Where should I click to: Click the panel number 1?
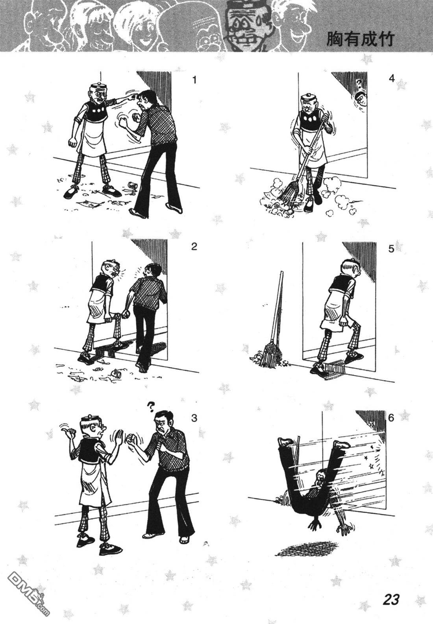tap(194, 80)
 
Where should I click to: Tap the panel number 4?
tap(392, 79)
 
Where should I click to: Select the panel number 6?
tap(391, 418)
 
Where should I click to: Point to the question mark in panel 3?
tap(150, 407)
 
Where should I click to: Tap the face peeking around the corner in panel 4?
tap(360, 100)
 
